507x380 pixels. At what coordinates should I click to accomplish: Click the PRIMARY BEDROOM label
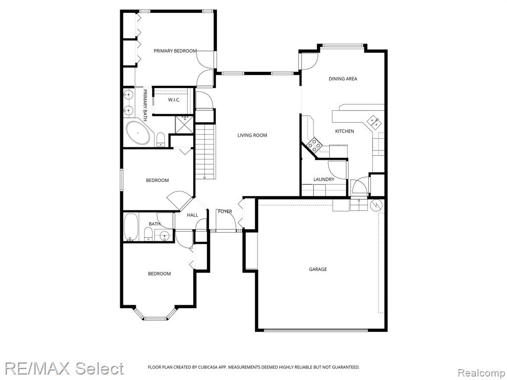tap(175, 51)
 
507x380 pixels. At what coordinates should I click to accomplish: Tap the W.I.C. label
tap(174, 100)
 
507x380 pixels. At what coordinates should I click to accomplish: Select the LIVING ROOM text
tap(252, 135)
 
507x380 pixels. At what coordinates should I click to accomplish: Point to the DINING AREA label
tap(343, 79)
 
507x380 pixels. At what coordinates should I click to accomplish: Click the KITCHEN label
tap(345, 131)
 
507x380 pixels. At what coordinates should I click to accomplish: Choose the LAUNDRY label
tap(324, 179)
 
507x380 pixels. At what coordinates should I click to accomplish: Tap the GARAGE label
tap(318, 269)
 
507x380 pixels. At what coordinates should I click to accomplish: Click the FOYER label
tap(225, 211)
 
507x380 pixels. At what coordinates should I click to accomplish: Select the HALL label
tap(193, 215)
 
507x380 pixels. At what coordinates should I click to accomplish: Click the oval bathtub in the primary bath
tap(138, 133)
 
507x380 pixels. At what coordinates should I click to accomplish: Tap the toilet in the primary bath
tap(161, 140)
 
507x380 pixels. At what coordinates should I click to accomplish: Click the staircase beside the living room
tap(205, 152)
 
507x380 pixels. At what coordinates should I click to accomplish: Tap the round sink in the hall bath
tap(164, 236)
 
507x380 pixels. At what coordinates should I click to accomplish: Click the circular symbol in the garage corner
tap(376, 205)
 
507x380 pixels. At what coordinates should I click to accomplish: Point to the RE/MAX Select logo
tap(64, 368)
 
